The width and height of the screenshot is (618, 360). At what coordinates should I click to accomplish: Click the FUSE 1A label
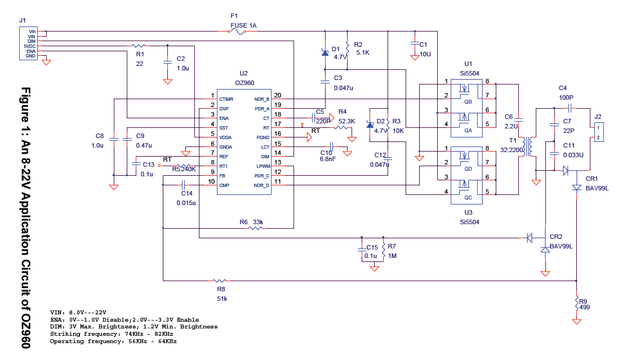tap(243, 25)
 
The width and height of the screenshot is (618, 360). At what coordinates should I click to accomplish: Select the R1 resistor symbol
tap(139, 46)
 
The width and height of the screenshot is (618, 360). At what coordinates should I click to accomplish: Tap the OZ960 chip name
tap(244, 83)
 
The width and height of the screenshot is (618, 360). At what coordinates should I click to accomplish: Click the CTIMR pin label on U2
tap(226, 99)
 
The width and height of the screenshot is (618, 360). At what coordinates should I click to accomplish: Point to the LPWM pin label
tap(263, 166)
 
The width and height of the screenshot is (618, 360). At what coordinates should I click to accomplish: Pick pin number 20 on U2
tap(278, 95)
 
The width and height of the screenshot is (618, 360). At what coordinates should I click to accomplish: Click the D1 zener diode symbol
tap(324, 52)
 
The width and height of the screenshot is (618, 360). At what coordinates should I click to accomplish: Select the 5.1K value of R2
tap(363, 52)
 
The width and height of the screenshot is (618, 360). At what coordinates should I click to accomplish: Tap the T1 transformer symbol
tap(527, 146)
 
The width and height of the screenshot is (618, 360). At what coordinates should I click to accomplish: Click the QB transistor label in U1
tap(468, 102)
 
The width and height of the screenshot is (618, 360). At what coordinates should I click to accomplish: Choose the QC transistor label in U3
tap(468, 198)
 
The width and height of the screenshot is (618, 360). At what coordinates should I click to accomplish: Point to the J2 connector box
tap(599, 132)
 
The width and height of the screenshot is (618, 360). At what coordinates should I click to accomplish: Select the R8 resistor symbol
tap(220, 281)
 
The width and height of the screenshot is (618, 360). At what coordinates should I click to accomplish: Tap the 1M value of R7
tap(392, 256)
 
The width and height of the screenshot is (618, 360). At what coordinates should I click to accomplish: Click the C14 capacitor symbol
tap(183, 185)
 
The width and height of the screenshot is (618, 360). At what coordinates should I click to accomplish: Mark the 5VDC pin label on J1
tap(29, 46)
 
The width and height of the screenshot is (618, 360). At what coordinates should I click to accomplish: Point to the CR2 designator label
tap(555, 237)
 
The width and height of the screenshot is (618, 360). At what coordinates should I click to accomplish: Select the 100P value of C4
tap(566, 97)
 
